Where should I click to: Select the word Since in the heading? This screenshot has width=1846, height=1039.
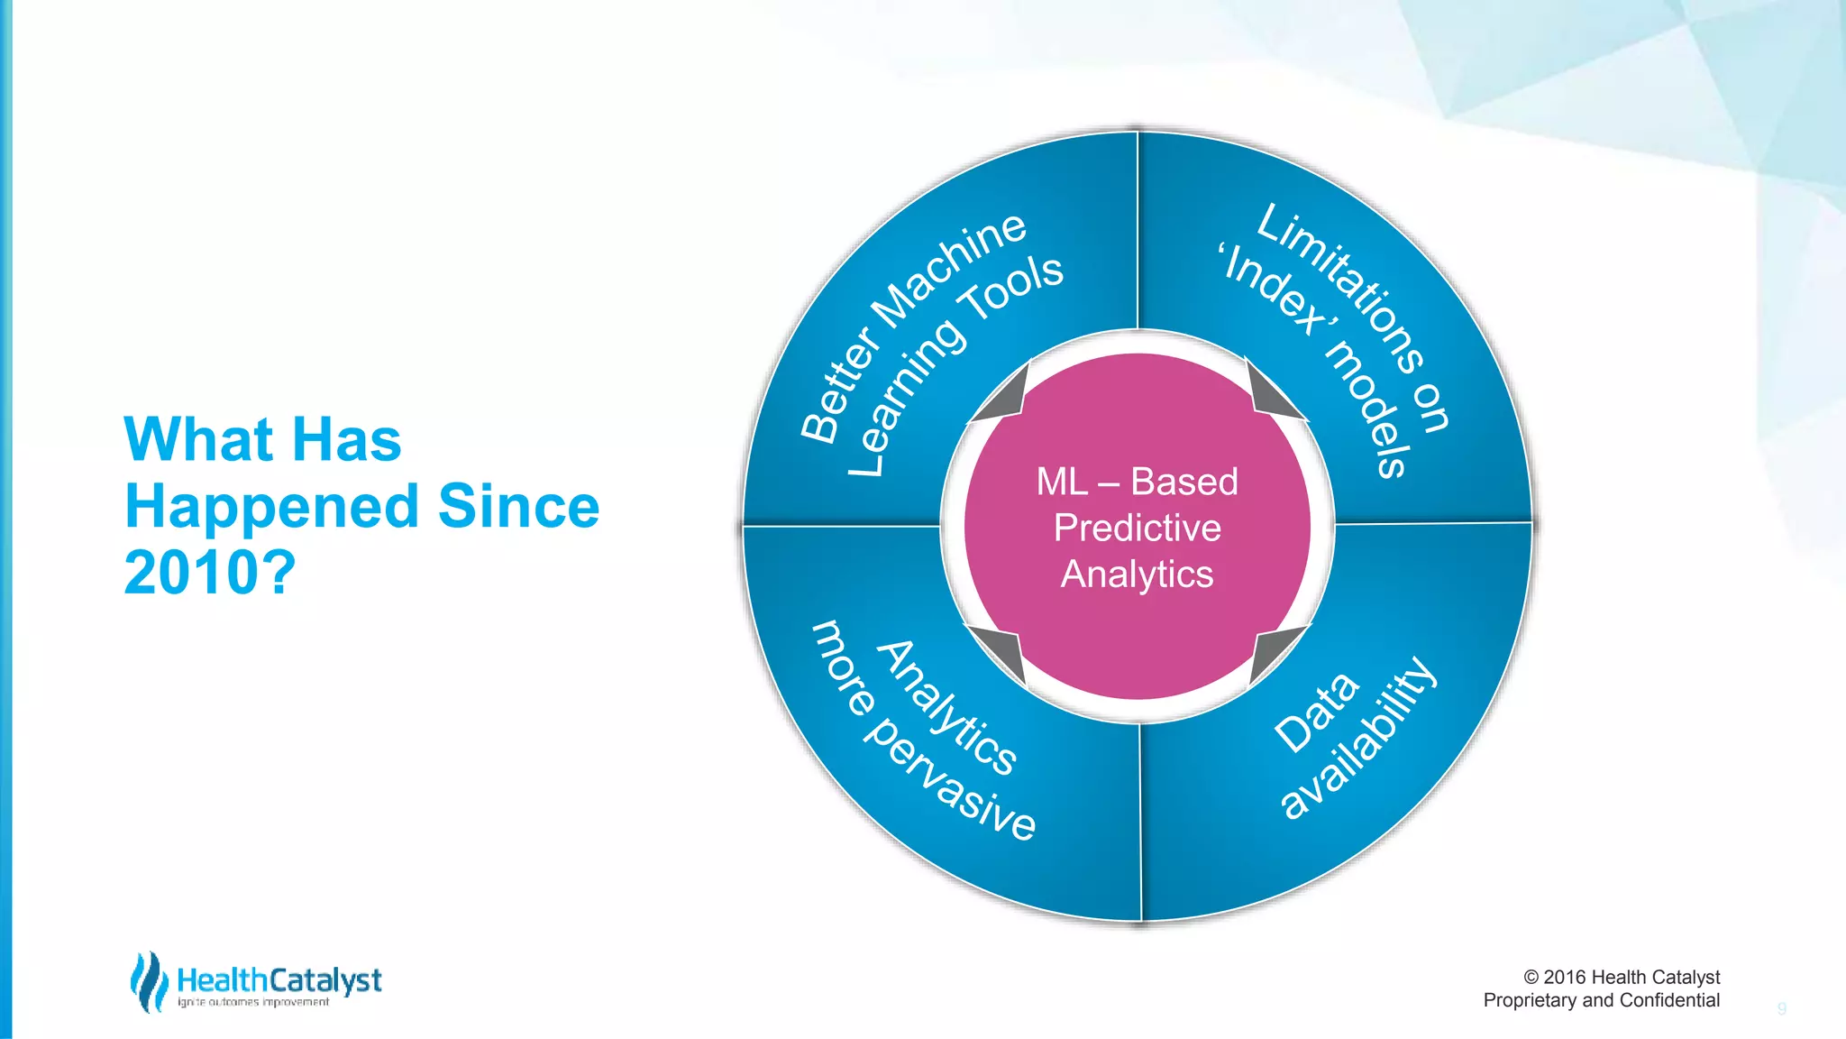(518, 506)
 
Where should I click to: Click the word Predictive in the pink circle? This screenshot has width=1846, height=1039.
(1137, 528)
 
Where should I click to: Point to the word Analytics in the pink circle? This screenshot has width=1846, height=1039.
(1137, 575)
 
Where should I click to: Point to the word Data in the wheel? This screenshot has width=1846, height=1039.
(1316, 713)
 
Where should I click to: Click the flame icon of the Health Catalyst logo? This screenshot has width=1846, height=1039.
(149, 982)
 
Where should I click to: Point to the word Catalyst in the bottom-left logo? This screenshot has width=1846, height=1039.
(325, 980)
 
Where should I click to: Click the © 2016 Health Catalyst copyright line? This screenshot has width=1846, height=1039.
(1621, 977)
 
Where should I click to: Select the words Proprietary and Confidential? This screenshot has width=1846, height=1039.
(1601, 1000)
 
